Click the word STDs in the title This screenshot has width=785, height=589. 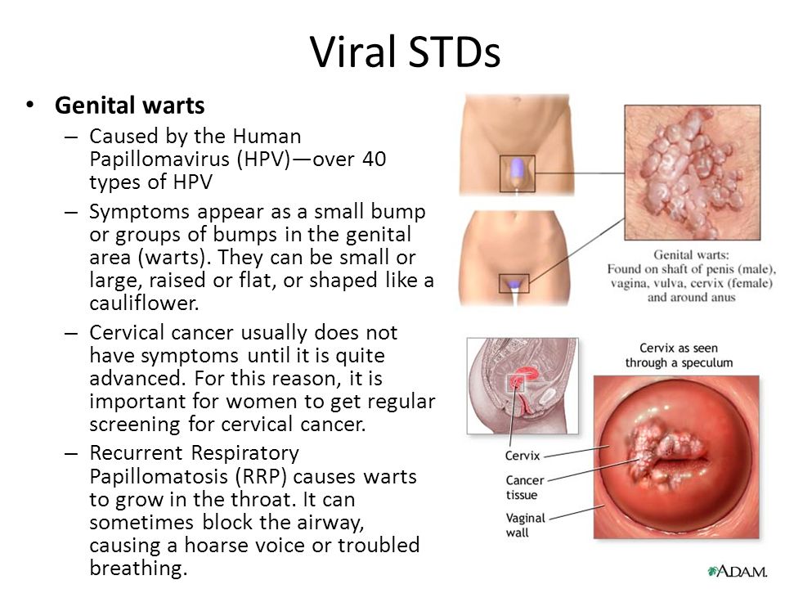[454, 51]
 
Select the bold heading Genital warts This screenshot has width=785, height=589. [130, 106]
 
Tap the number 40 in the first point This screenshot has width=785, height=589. [374, 159]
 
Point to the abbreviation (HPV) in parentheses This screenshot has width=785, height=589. [265, 160]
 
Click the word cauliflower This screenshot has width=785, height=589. [144, 303]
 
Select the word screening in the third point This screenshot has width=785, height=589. [135, 425]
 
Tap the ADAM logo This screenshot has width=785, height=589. [737, 572]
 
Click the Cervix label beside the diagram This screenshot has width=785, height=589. [523, 456]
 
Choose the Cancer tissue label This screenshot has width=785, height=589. [524, 488]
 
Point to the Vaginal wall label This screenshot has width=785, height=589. [525, 525]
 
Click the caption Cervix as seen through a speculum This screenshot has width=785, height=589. [679, 355]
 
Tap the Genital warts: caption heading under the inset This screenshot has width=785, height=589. [691, 255]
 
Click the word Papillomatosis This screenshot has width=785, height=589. [158, 476]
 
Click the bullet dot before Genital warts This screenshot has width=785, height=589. [30, 106]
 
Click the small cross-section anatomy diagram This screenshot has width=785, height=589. [523, 385]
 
